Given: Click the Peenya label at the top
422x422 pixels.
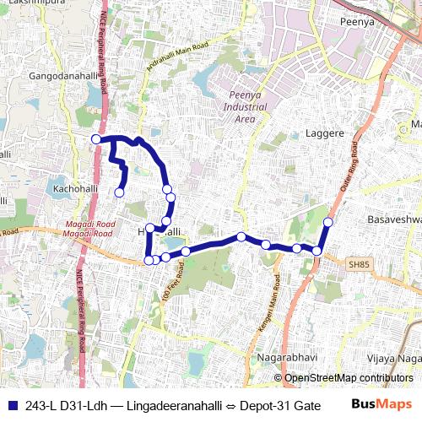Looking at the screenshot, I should [x=355, y=21].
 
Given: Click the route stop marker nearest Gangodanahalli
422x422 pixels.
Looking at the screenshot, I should [x=96, y=139].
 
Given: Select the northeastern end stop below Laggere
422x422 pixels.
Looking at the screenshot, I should [x=328, y=222].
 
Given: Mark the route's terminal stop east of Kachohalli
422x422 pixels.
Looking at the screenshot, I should [x=119, y=192].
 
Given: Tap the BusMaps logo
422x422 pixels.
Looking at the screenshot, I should [x=383, y=404].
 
